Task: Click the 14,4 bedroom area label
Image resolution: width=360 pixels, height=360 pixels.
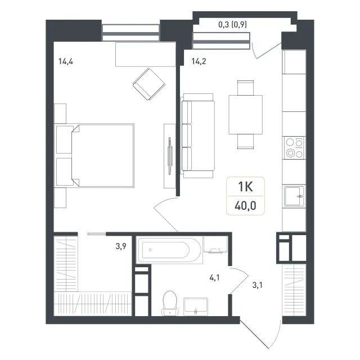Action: click(66, 61)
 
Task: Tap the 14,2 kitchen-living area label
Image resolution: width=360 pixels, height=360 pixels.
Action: click(199, 61)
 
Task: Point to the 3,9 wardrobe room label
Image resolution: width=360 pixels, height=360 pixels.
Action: click(121, 246)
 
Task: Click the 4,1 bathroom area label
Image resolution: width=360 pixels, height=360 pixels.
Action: click(214, 278)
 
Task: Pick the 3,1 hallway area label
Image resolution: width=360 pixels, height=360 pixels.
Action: click(258, 285)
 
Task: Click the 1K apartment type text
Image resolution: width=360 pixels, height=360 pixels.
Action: click(245, 186)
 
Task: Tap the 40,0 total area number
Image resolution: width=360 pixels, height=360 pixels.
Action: click(245, 206)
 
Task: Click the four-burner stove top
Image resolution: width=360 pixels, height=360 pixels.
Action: click(294, 148)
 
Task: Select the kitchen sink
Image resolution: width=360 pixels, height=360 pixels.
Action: click(294, 196)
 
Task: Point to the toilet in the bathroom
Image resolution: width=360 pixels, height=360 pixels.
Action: click(170, 303)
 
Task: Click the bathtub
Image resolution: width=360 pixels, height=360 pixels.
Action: click(169, 250)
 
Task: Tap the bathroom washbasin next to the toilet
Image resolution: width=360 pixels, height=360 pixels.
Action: click(196, 307)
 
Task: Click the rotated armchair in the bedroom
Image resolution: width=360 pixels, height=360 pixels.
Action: click(148, 84)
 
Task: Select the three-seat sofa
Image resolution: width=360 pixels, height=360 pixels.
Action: click(198, 136)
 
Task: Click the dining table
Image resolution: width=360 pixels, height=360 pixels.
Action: click(245, 115)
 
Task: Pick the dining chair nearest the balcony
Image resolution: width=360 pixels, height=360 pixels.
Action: click(245, 88)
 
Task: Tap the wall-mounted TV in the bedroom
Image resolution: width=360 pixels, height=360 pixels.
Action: click(170, 156)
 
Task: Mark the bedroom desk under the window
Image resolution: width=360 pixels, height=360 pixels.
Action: click(146, 55)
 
